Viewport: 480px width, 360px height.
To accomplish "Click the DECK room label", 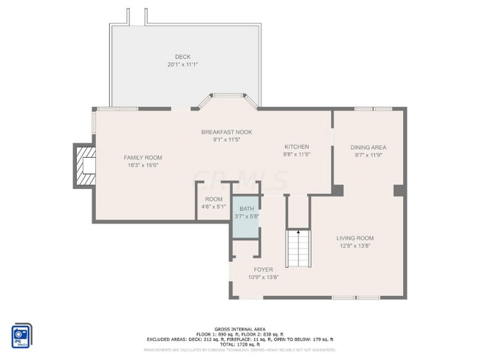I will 182,57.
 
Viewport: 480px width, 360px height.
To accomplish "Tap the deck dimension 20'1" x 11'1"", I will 182,65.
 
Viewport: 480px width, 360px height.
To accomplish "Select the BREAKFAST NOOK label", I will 227,132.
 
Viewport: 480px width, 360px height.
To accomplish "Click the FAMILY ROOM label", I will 143,157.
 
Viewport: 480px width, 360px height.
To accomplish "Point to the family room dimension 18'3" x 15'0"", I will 143,165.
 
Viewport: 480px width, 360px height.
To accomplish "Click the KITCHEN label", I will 296,147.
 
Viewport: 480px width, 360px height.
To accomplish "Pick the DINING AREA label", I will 368,147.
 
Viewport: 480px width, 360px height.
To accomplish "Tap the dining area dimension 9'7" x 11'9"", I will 368,155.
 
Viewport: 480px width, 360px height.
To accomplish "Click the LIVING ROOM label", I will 354,238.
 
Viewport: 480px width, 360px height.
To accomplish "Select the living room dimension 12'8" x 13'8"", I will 354,246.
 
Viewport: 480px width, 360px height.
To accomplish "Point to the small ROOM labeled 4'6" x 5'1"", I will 213,203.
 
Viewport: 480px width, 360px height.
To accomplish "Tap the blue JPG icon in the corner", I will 21,334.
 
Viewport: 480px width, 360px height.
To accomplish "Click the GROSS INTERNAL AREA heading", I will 240,328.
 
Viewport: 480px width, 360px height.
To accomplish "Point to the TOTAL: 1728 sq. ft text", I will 240,345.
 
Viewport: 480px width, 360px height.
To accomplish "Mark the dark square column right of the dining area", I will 399,191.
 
